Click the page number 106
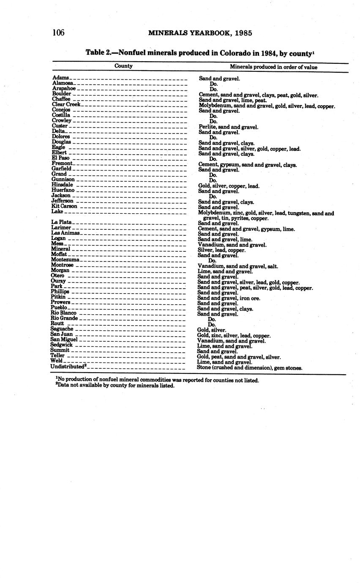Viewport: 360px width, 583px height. (x=58, y=33)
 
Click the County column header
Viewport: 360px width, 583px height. (x=123, y=66)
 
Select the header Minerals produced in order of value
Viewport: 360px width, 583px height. (x=273, y=67)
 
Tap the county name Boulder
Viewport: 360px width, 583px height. (x=61, y=94)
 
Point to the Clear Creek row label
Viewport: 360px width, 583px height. (x=66, y=104)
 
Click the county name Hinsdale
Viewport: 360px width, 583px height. (x=62, y=185)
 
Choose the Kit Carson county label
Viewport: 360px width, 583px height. (x=64, y=206)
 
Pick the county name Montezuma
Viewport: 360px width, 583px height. (x=65, y=260)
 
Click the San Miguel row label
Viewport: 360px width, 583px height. (x=64, y=340)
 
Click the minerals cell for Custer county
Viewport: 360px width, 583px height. (x=228, y=127)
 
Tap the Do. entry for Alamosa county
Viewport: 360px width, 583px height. (x=213, y=84)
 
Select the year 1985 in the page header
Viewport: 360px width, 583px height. (x=243, y=33)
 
